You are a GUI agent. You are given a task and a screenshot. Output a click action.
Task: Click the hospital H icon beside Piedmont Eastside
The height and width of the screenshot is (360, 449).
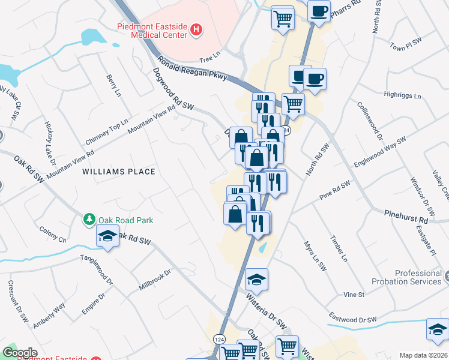click(195, 31)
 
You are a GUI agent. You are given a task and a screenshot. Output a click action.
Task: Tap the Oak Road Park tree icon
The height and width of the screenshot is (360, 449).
click(90, 220)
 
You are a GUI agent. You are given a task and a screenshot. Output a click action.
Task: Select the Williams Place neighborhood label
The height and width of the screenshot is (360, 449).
click(119, 172)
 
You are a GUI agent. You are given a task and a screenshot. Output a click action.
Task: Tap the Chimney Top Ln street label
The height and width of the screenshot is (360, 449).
click(107, 131)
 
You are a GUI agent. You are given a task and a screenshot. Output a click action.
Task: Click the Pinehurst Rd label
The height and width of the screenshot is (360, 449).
click(406, 217)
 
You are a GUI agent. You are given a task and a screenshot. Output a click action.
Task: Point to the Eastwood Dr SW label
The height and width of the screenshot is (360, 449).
click(353, 319)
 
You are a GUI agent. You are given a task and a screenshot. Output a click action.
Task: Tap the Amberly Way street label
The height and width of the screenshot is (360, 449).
click(49, 316)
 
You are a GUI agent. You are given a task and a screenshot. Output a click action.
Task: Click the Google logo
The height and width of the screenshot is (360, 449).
click(20, 353)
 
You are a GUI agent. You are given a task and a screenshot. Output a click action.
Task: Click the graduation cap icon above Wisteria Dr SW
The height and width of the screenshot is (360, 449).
click(256, 280)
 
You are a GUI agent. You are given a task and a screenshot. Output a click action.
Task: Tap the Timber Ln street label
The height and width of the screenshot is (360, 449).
click(339, 248)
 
